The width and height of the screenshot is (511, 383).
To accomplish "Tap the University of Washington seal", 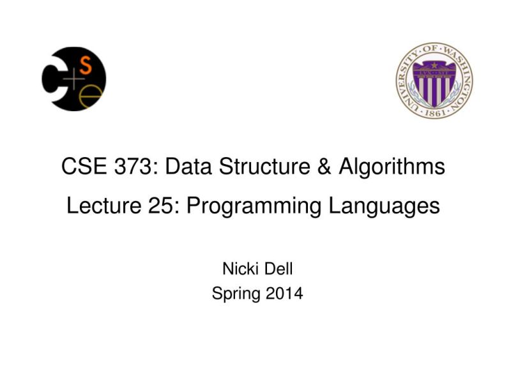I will pos(434,79).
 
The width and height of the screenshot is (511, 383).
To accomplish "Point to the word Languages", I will pos(384,207).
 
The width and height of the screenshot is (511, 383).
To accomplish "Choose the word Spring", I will pos(233,294).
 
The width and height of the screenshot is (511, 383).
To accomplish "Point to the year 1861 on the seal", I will pos(434,108).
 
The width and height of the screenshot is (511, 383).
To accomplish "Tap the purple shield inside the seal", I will pos(434,78).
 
